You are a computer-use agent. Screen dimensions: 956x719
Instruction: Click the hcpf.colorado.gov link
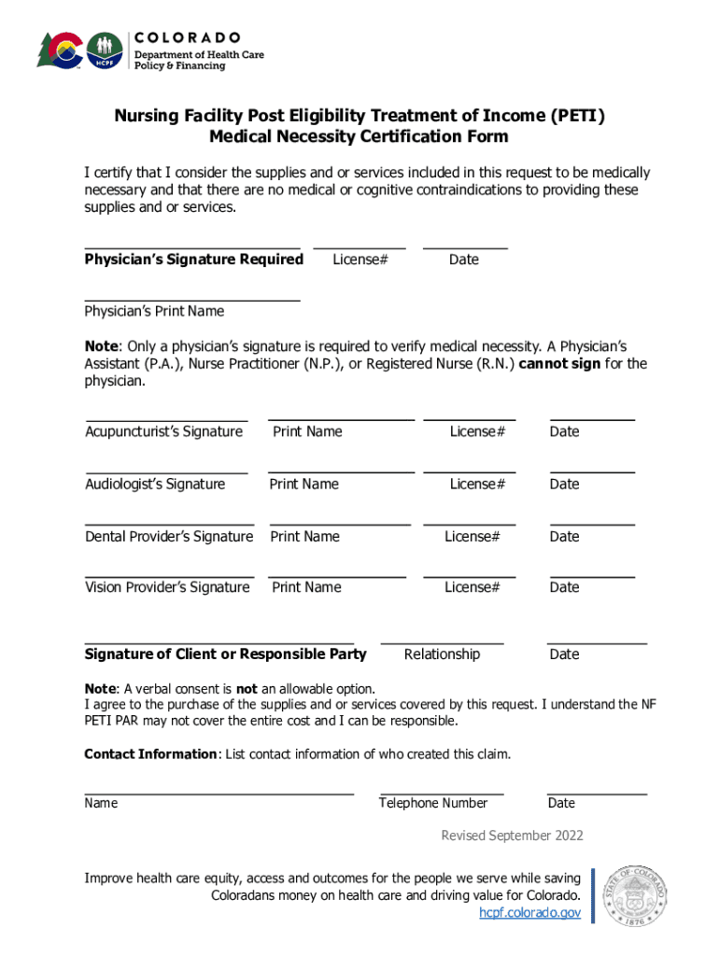click(x=530, y=912)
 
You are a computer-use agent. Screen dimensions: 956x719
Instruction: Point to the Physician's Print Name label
click(x=154, y=311)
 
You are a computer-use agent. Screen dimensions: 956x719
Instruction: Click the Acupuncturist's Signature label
click(x=163, y=431)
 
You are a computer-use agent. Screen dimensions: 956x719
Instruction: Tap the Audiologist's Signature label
click(x=155, y=484)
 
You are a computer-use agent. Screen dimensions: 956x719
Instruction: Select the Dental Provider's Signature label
click(x=169, y=536)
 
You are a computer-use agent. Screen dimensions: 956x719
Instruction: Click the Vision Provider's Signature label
click(x=167, y=587)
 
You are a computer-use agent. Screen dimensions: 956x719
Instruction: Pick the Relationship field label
click(x=442, y=654)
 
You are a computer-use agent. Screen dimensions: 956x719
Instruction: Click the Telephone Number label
click(x=433, y=803)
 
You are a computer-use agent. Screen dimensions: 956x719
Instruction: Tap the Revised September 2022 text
click(x=512, y=836)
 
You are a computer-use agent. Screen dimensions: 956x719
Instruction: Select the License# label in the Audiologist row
click(x=477, y=484)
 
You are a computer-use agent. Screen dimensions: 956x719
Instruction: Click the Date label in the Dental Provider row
click(x=564, y=536)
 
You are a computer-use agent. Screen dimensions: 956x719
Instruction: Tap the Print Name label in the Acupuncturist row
click(x=307, y=431)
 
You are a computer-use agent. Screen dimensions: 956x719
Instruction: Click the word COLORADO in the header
click(x=189, y=37)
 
